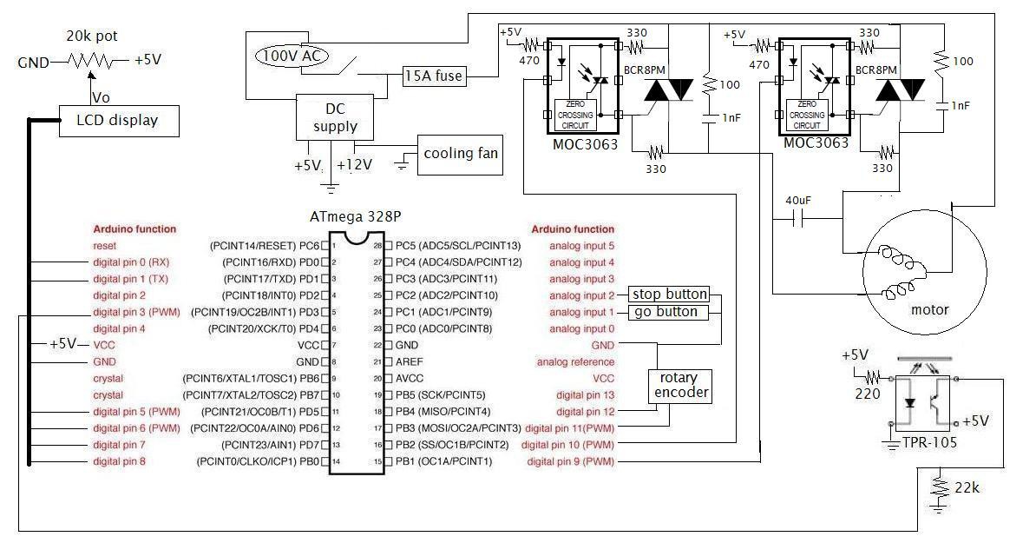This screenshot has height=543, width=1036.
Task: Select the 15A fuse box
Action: (x=434, y=76)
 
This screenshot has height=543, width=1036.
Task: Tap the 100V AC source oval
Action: (x=292, y=56)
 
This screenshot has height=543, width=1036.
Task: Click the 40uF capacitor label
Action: (x=798, y=201)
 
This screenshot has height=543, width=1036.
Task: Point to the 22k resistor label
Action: (x=967, y=488)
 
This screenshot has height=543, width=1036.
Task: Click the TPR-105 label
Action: (x=929, y=442)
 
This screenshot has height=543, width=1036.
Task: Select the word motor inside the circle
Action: (x=929, y=309)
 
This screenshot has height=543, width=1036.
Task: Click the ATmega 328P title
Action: (x=356, y=217)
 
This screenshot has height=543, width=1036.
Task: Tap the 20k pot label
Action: (x=92, y=36)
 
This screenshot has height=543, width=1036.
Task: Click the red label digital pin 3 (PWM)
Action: (x=136, y=312)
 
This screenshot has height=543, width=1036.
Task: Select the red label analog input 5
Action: (x=581, y=246)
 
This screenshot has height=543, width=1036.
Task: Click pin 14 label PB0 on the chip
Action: (x=309, y=461)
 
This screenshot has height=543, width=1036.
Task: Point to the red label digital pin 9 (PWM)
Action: (x=570, y=461)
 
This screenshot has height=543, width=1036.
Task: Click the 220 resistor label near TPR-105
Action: (x=868, y=394)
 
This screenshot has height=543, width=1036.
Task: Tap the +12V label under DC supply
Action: (x=354, y=165)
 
